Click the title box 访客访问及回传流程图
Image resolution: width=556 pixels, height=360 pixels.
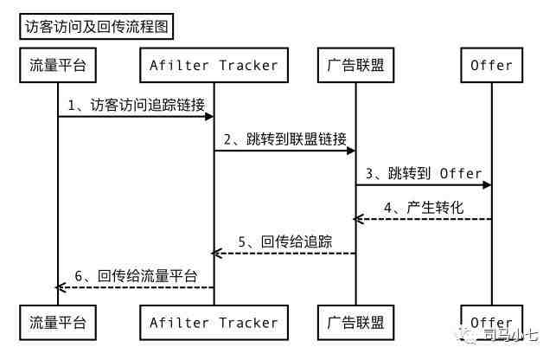[x=97, y=27]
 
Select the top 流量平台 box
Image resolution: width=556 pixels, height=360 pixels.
[x=58, y=65]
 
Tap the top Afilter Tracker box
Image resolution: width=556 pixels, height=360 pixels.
[x=214, y=65]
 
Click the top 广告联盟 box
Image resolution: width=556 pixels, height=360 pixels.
[x=355, y=65]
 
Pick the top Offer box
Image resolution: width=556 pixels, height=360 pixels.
[x=492, y=65]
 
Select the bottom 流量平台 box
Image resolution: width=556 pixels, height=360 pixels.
[x=58, y=323]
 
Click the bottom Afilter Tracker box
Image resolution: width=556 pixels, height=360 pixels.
[x=214, y=323]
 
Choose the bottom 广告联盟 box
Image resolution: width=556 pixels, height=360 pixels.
[x=355, y=323]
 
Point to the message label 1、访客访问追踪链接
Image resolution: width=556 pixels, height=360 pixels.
[x=137, y=105]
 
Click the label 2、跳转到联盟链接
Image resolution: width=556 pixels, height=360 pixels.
[x=285, y=139]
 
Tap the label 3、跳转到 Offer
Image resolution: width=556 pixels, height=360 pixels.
[x=424, y=173]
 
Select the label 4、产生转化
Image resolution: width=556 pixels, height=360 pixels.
[x=424, y=208]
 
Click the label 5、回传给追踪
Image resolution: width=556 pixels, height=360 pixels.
[x=285, y=241]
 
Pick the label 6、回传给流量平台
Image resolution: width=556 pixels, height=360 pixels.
[x=136, y=276]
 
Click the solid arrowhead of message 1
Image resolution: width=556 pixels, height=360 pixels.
[x=209, y=117]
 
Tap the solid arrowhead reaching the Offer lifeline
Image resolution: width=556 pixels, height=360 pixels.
[x=487, y=185]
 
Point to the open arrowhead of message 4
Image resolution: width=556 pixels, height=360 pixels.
[x=358, y=219]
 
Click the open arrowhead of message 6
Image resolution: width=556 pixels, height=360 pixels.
[x=61, y=287]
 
